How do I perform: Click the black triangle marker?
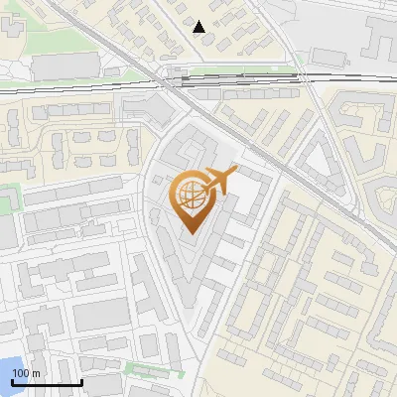pyautogui.click(x=200, y=27)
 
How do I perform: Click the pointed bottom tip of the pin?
pyautogui.click(x=192, y=235)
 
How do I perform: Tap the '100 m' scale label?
pyautogui.click(x=26, y=373)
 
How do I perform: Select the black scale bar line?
pyautogui.click(x=46, y=383)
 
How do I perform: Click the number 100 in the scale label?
pyautogui.click(x=21, y=373)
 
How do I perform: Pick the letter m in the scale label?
pyautogui.click(x=36, y=373)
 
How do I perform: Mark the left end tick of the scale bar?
pyautogui.click(x=11, y=381)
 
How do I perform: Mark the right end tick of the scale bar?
pyautogui.click(x=81, y=381)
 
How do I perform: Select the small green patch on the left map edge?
pyautogui.click(x=9, y=198)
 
